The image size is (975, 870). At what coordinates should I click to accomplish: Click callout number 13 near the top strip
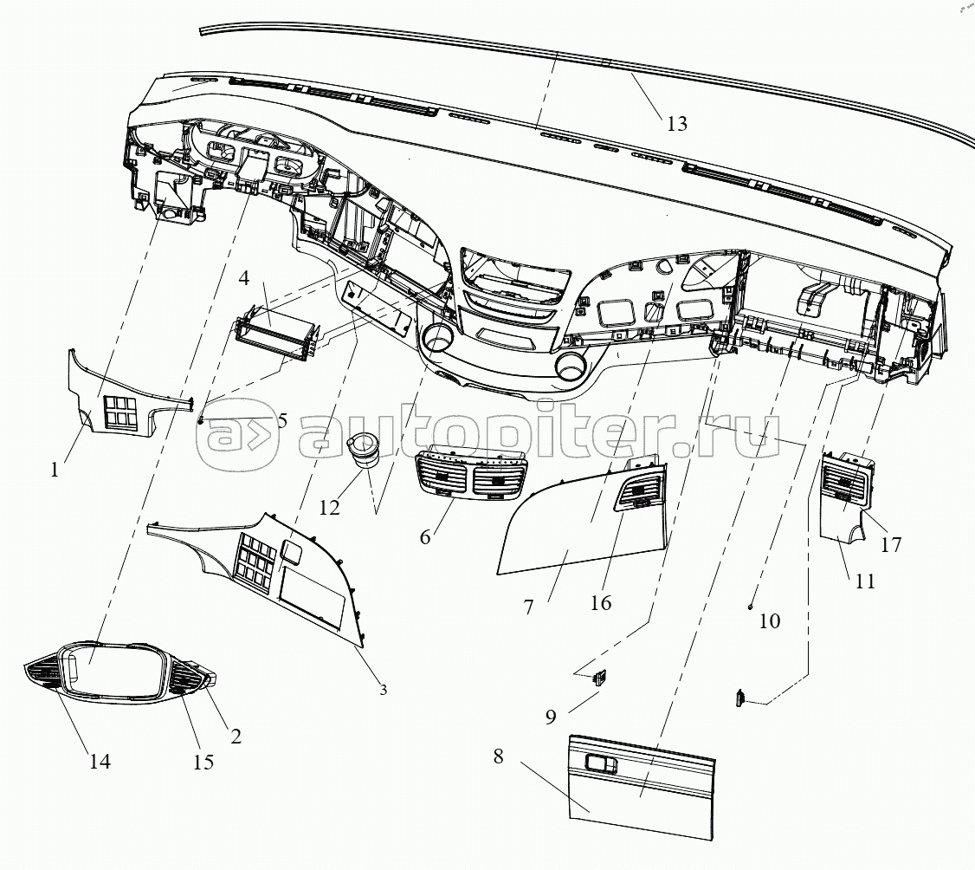click(677, 123)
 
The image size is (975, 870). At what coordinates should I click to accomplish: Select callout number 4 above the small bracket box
click(245, 279)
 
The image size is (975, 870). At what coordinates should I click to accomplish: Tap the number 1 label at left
click(55, 471)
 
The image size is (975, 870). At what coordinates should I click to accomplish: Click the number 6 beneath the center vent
click(424, 536)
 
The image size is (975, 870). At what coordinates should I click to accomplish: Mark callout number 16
click(601, 602)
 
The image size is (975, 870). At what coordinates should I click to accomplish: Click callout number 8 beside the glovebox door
click(498, 756)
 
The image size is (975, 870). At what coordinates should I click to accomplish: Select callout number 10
click(769, 620)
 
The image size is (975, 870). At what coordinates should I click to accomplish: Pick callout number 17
click(890, 545)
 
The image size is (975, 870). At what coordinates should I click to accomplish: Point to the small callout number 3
click(383, 690)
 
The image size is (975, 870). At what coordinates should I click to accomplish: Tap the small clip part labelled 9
click(598, 678)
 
